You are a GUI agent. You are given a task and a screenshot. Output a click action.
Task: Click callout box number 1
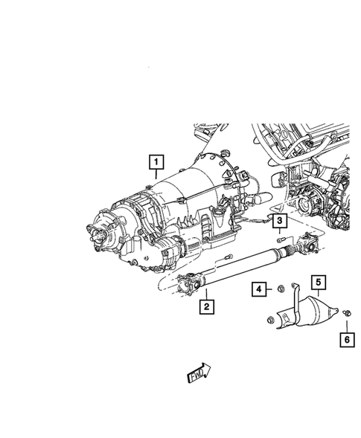coord(156,161)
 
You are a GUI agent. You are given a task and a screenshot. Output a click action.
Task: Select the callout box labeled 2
coord(207,306)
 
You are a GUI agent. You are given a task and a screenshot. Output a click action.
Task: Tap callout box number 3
coord(280,221)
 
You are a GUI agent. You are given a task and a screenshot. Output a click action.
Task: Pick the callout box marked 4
coord(259,289)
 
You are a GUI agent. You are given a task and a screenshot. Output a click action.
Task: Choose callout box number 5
coord(319,282)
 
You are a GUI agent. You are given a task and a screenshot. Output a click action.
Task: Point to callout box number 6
coord(347,340)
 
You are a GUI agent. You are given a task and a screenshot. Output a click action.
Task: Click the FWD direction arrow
coord(199,373)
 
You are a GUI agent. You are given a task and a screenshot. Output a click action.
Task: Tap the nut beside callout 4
coord(281,289)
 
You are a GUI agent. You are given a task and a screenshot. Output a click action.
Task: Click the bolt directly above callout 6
coord(347,313)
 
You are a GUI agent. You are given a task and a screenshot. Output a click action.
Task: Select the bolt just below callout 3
coord(281,239)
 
